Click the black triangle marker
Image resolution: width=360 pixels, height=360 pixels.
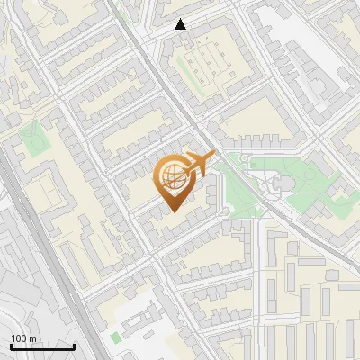pyautogui.click(x=181, y=24)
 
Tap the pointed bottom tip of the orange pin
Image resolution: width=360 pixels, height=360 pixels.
pyautogui.click(x=172, y=211)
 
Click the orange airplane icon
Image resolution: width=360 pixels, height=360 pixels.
pyautogui.click(x=198, y=165)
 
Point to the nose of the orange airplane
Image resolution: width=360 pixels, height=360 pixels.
pyautogui.click(x=214, y=156)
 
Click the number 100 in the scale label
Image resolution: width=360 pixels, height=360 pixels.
pyautogui.click(x=20, y=338)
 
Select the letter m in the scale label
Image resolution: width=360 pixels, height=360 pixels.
pyautogui.click(x=33, y=338)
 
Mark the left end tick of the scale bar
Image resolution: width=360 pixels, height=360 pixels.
pyautogui.click(x=10, y=346)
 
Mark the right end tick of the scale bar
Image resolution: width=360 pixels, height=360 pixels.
pyautogui.click(x=74, y=346)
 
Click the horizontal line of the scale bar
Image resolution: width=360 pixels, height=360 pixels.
pyautogui.click(x=42, y=347)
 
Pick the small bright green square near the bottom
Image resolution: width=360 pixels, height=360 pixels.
pyautogui.click(x=114, y=337)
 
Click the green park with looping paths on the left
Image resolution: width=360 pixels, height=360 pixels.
pyautogui.click(x=33, y=140)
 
